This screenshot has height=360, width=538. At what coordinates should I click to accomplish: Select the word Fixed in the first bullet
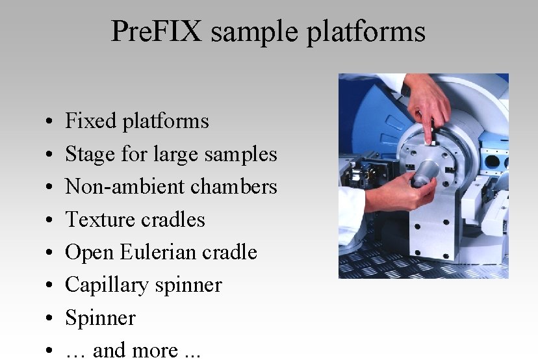click(x=90, y=121)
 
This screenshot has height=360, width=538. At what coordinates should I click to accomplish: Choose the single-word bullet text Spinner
click(x=100, y=318)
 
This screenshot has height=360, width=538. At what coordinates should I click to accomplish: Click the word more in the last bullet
click(x=155, y=351)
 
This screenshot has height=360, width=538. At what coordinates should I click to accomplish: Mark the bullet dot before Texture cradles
click(x=50, y=221)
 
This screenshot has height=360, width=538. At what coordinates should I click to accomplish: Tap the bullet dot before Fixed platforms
click(x=50, y=122)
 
